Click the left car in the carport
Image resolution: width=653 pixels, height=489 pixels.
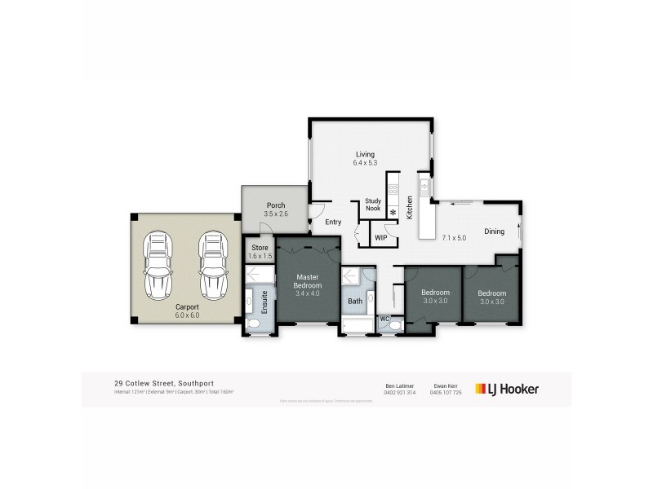click(x=159, y=266)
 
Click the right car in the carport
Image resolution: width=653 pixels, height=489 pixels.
click(x=211, y=266)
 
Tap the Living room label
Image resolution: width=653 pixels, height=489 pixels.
click(x=364, y=154)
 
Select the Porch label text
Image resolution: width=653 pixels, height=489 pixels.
click(x=275, y=205)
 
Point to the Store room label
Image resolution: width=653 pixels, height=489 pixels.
click(x=260, y=247)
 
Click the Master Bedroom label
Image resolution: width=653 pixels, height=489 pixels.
click(x=308, y=282)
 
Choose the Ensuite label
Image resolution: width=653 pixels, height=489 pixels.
click(x=264, y=302)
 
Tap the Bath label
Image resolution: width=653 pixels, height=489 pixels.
click(x=354, y=301)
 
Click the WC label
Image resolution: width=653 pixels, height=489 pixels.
click(x=385, y=318)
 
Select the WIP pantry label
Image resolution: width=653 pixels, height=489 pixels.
click(x=381, y=238)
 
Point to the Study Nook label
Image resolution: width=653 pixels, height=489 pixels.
click(x=373, y=204)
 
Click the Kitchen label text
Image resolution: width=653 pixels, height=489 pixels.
click(x=410, y=209)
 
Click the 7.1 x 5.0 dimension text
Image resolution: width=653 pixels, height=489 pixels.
click(x=453, y=239)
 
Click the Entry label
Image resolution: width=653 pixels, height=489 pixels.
click(x=333, y=222)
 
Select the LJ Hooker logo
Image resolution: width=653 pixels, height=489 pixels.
click(x=506, y=389)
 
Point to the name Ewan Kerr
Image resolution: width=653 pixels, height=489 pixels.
click(x=446, y=385)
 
